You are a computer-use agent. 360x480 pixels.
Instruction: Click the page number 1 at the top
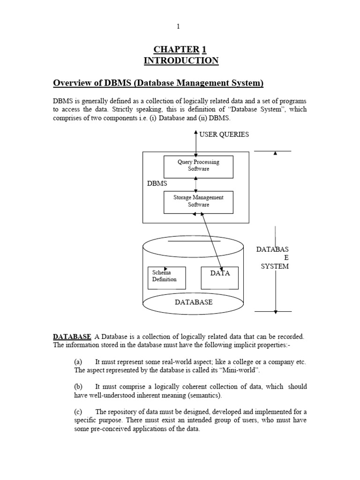(x=178, y=27)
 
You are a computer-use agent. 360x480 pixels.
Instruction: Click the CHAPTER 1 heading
(x=180, y=50)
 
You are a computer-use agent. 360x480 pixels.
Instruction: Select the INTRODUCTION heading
(x=180, y=60)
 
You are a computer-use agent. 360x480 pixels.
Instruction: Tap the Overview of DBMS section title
(x=158, y=83)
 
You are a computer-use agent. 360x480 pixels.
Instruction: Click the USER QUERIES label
(x=224, y=134)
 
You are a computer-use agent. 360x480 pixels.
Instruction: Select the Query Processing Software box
(x=198, y=165)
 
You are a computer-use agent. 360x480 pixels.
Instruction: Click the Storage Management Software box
(x=198, y=201)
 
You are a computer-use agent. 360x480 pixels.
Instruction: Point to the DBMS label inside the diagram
(x=157, y=183)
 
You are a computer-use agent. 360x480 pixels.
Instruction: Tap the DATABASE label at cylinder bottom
(x=194, y=302)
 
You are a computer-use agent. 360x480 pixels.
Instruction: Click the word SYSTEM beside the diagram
(x=275, y=266)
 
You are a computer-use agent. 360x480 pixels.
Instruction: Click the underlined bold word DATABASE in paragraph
(x=72, y=337)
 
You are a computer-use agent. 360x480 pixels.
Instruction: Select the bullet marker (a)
(x=78, y=362)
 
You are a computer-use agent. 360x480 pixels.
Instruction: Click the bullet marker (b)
(x=78, y=387)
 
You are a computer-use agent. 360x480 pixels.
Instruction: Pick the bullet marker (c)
(x=78, y=412)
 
